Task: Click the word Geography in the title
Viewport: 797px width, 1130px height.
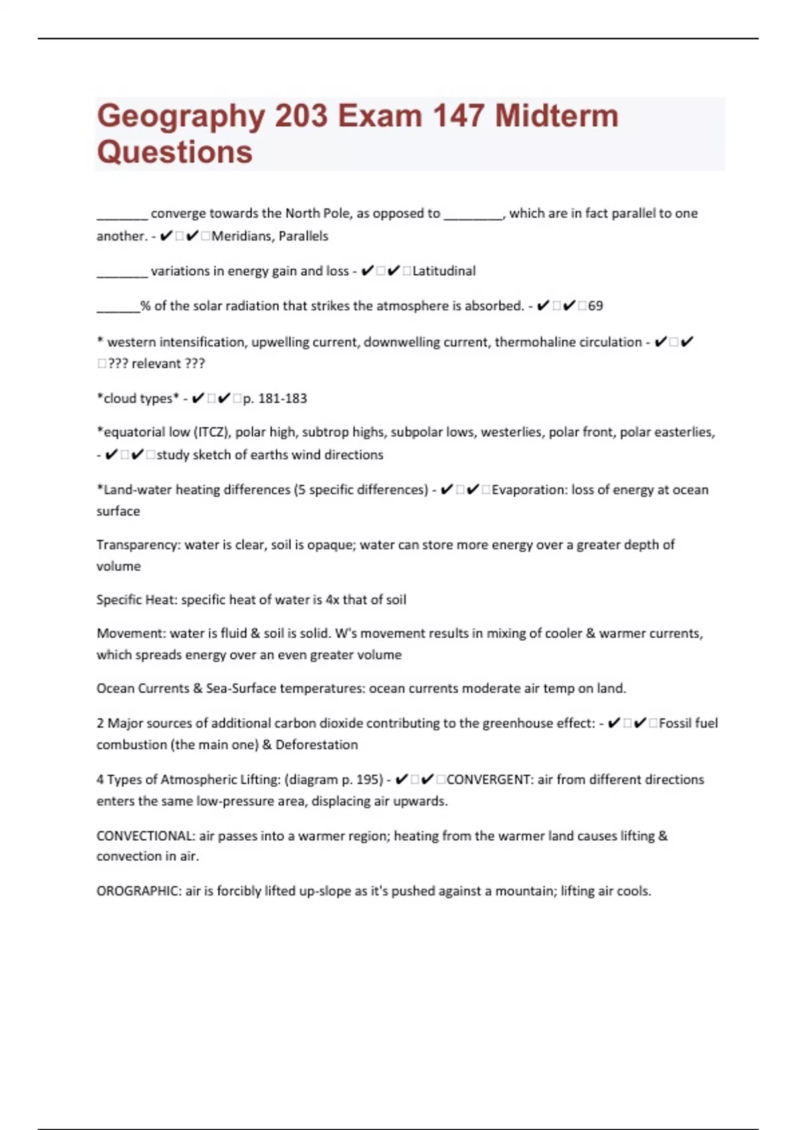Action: pos(181,116)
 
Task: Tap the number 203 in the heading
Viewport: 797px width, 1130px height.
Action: pos(301,116)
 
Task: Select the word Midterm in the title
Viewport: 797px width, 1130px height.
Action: pos(557,116)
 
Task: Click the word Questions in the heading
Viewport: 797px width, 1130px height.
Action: pos(175,152)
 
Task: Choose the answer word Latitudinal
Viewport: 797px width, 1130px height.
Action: pos(444,271)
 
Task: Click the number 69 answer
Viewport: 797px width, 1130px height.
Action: pos(595,306)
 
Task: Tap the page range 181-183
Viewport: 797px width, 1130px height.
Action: pos(282,399)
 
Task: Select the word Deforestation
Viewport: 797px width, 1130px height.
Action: pos(317,745)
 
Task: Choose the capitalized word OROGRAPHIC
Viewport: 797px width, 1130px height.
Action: pos(138,891)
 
